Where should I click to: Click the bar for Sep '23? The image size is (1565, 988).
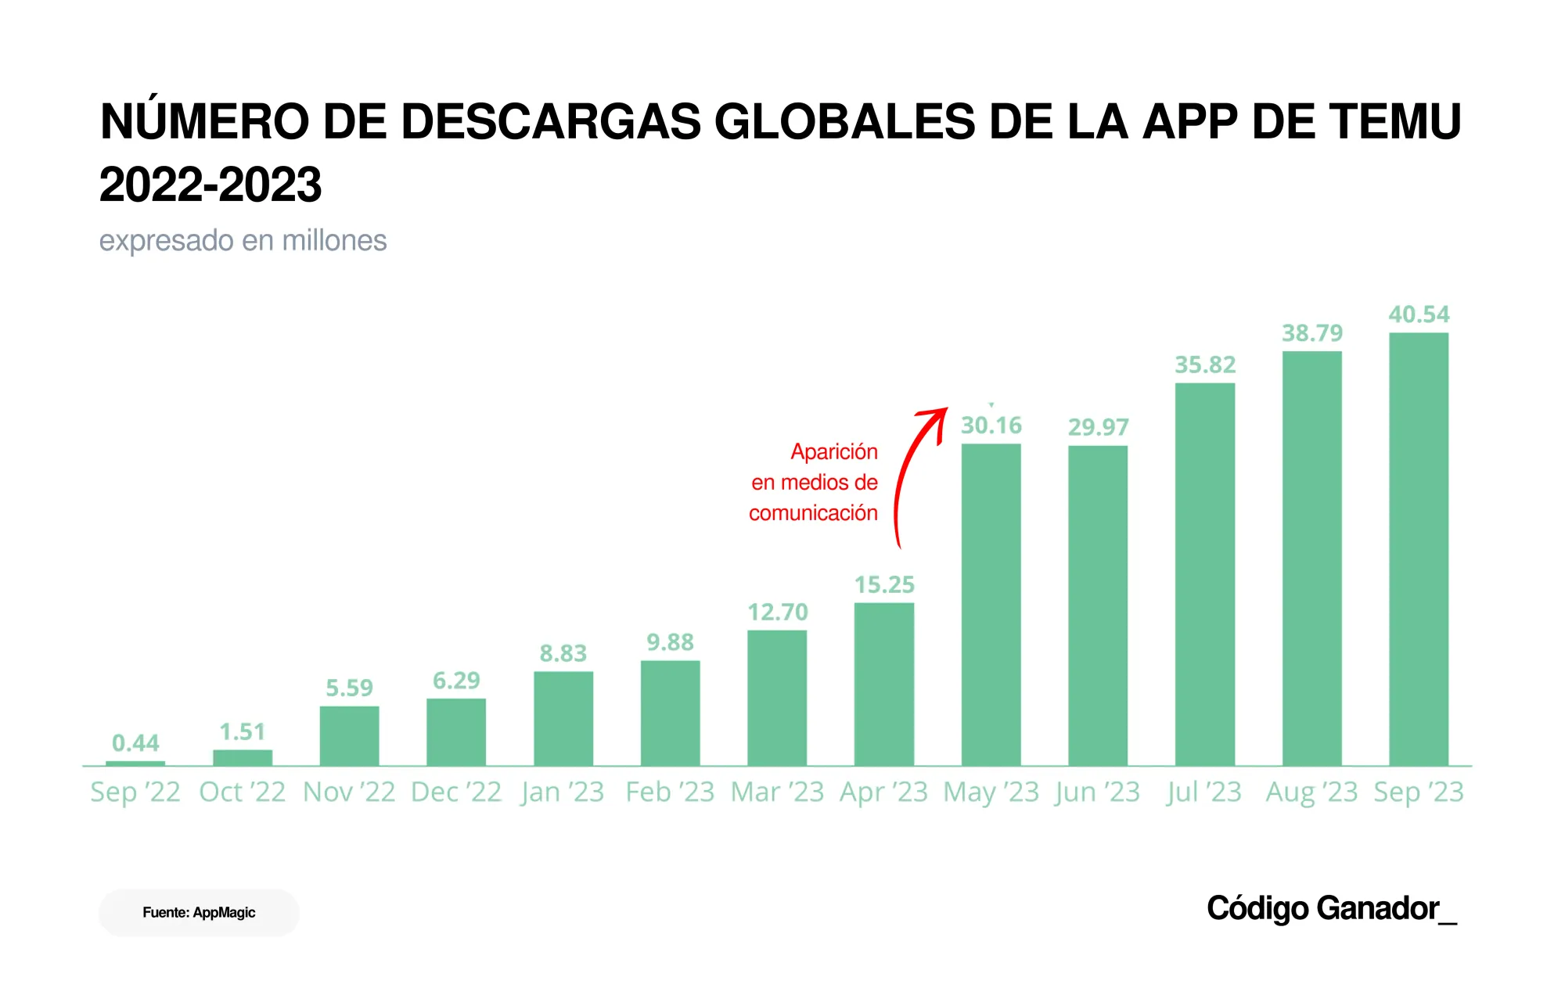coord(1418,548)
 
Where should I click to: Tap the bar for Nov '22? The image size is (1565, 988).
coord(349,735)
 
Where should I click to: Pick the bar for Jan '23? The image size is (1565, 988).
coord(563,718)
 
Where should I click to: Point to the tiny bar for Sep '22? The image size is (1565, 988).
coord(135,763)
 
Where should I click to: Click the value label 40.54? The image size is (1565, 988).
coord(1419,314)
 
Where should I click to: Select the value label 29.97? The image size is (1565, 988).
coord(1098,427)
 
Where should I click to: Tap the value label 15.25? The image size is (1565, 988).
coord(884,585)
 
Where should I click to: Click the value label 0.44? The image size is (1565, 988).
coord(135,742)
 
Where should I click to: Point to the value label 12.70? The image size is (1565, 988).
coord(777,612)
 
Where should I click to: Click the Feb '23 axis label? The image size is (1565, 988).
coord(670,792)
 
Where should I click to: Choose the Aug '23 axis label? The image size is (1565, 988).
coord(1311,792)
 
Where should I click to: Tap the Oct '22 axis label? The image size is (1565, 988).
coord(242,792)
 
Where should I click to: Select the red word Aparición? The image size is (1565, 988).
coord(833,451)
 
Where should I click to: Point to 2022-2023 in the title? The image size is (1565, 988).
coord(210,185)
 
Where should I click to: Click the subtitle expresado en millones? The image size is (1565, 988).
coord(243,240)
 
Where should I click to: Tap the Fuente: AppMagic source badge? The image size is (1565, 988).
coord(199,912)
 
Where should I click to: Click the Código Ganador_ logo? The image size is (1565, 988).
coord(1331,908)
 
